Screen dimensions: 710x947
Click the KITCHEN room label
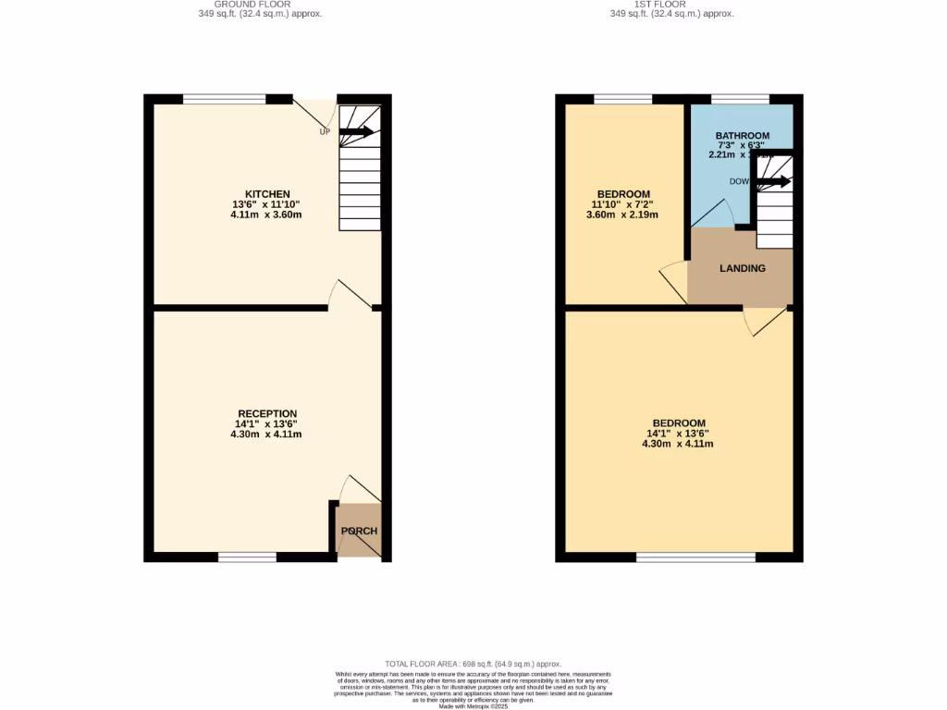click(x=267, y=194)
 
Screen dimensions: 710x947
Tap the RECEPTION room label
click(x=267, y=413)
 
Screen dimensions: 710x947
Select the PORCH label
click(x=359, y=531)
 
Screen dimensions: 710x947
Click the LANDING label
click(x=743, y=268)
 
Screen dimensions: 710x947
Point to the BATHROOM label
click(x=742, y=136)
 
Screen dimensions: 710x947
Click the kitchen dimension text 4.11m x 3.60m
click(x=266, y=214)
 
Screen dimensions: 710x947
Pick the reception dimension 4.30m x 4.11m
click(x=266, y=434)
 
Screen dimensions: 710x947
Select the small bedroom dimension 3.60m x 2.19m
click(x=622, y=214)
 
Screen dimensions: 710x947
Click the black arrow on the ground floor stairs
click(x=358, y=132)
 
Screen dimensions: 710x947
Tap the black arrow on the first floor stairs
click(x=774, y=181)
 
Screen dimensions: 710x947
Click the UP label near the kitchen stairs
click(x=325, y=132)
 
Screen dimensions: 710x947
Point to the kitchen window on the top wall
click(x=224, y=99)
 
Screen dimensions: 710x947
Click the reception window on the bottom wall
click(x=247, y=557)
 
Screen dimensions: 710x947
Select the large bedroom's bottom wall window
click(x=695, y=557)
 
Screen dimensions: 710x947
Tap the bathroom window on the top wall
click(x=740, y=99)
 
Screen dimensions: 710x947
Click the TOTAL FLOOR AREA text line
click(x=473, y=664)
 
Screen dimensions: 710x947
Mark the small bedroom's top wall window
click(x=622, y=99)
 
